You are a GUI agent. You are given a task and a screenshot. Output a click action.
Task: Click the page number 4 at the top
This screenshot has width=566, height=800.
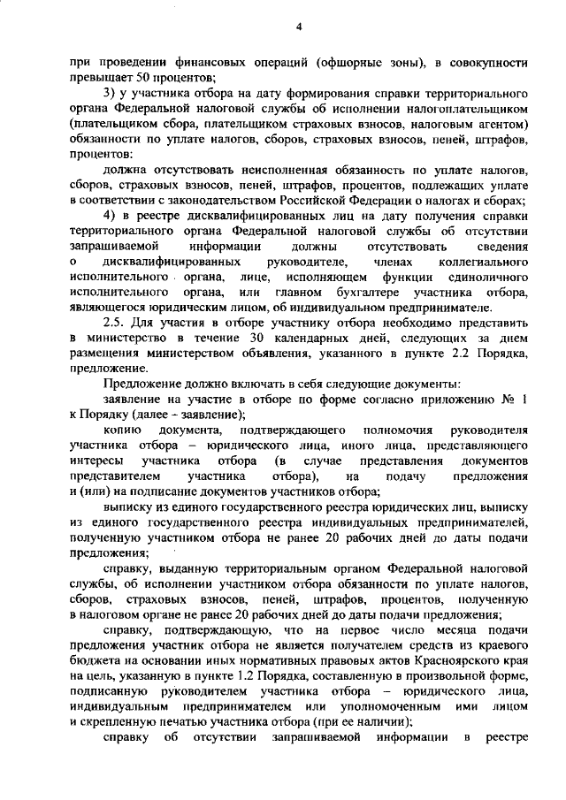click(299, 27)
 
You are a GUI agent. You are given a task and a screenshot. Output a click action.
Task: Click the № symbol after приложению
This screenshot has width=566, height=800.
click(509, 400)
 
